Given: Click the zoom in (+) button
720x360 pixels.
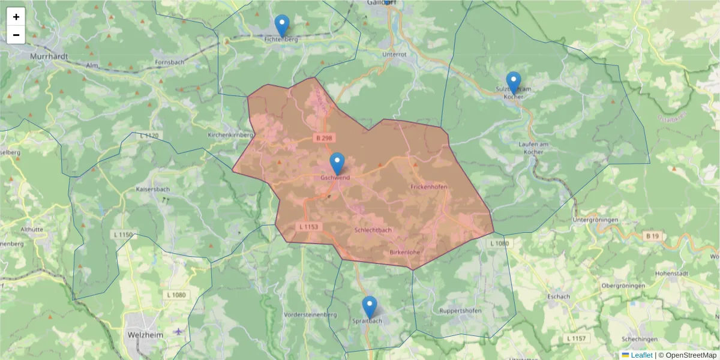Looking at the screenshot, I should pos(16,17).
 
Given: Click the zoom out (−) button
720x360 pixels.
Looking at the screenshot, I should pos(16,35).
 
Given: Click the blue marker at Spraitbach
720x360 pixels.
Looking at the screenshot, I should pos(370,307).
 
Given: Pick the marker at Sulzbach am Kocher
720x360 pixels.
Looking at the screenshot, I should pos(513,83).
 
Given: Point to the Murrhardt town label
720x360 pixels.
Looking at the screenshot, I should pos(49,56).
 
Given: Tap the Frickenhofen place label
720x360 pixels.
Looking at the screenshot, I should pos(429,187).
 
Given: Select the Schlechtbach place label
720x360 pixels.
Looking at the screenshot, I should pos(373,230).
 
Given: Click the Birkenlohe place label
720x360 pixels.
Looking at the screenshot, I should pos(404,252).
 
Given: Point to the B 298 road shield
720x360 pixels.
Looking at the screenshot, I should pos(323,138).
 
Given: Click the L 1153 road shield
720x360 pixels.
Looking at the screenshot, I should pos(310,227).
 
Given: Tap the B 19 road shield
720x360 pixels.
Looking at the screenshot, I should pos(653,236).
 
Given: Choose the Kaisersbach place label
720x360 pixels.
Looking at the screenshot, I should pos(153,188).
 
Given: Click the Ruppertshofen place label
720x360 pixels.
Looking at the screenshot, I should pos(460,311).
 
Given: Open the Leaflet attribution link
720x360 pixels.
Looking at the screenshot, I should pos(641,355).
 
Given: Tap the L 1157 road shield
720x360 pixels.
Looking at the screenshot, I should pos(576,339).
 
